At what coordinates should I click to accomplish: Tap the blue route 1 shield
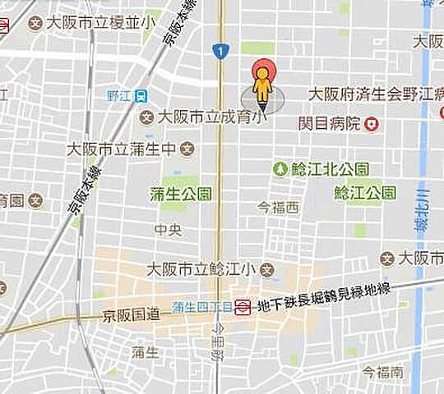click(218, 52)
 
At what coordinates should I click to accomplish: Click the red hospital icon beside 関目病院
click(372, 124)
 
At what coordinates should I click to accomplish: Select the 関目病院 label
click(330, 124)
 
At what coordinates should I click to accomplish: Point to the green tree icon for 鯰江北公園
click(280, 168)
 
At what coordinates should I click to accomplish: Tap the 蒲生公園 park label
click(181, 194)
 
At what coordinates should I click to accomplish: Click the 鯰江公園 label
click(366, 193)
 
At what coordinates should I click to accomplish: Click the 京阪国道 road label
click(130, 314)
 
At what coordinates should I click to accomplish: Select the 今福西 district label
click(278, 208)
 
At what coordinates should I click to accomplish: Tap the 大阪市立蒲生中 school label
click(121, 149)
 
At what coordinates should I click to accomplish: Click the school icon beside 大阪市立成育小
click(147, 117)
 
